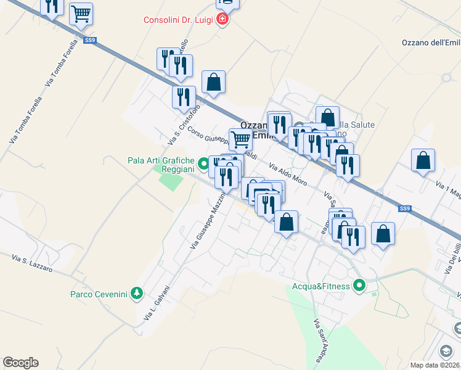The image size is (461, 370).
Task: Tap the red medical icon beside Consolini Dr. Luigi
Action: coord(222,20)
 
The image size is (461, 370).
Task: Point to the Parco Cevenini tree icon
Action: coord(139,294)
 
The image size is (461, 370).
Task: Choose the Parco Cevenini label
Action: coord(99,294)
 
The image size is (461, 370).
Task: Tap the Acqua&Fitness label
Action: coord(321,286)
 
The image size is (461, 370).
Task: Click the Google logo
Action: coord(20,363)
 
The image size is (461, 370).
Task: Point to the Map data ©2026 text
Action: coord(434,365)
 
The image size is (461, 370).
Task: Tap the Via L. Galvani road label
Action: coord(157,305)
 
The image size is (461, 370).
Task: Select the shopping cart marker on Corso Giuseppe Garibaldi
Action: coord(240,139)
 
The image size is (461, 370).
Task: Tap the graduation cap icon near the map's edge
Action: coord(444,351)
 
